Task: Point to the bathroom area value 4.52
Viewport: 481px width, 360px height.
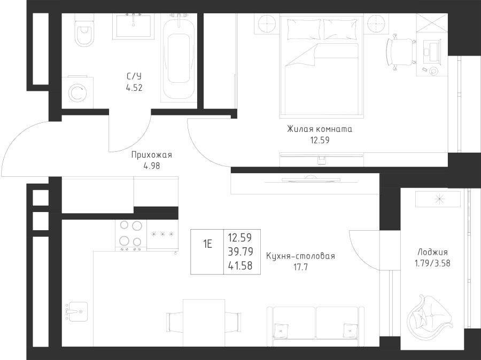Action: pyautogui.click(x=134, y=88)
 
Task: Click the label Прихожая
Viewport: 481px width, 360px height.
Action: pyautogui.click(x=151, y=155)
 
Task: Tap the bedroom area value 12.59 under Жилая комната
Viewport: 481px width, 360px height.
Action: pyautogui.click(x=319, y=140)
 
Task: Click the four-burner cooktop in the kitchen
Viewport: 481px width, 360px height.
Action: pyautogui.click(x=131, y=235)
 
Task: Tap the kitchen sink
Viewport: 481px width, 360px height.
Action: pyautogui.click(x=76, y=310)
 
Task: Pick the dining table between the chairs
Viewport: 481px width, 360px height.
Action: pyautogui.click(x=204, y=322)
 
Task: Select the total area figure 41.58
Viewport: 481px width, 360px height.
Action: pyautogui.click(x=240, y=265)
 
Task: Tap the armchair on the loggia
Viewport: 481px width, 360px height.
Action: pyautogui.click(x=430, y=316)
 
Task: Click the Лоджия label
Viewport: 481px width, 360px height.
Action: pyautogui.click(x=431, y=253)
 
